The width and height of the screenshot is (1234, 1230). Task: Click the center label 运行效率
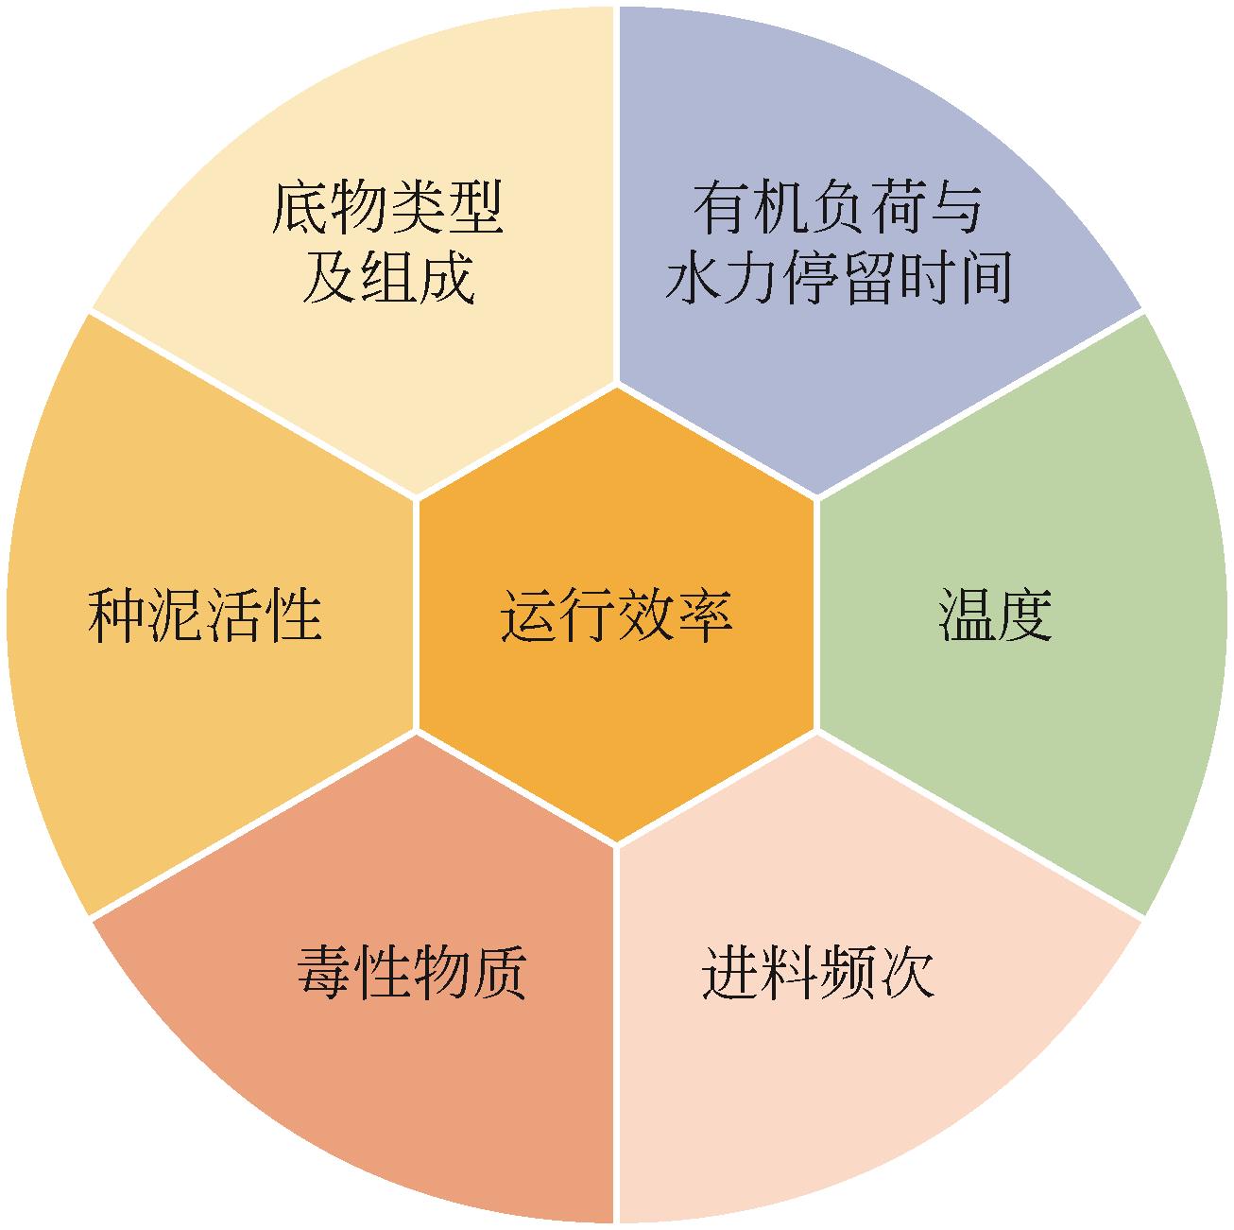tap(616, 615)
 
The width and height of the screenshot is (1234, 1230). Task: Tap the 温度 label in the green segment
tap(995, 615)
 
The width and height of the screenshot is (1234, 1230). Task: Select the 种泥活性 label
tap(205, 615)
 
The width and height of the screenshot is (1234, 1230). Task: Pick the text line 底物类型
tap(387, 208)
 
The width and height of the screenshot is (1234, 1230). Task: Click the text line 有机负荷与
tap(837, 208)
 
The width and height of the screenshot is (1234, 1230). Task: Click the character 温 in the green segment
tap(967, 615)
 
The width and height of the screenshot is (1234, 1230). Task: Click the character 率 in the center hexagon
tap(704, 615)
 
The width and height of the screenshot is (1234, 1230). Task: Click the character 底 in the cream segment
tap(300, 208)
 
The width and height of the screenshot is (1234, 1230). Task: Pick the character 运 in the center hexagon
tap(529, 615)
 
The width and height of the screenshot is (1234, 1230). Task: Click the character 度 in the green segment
tap(1024, 615)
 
